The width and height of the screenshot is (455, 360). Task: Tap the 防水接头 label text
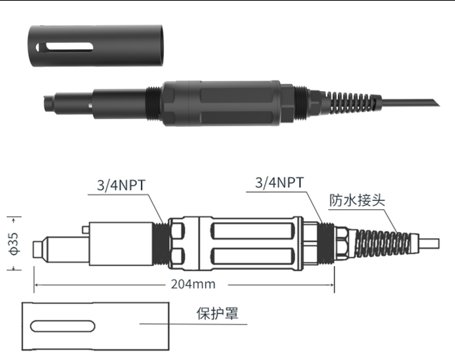(358, 199)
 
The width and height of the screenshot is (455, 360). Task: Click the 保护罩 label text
(217, 313)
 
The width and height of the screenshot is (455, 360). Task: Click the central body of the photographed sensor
(222, 106)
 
